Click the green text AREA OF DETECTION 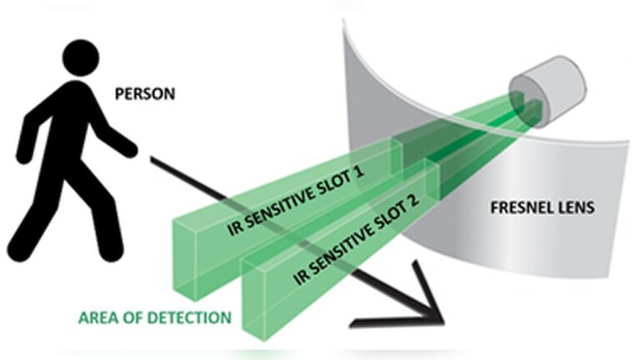tap(155, 317)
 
